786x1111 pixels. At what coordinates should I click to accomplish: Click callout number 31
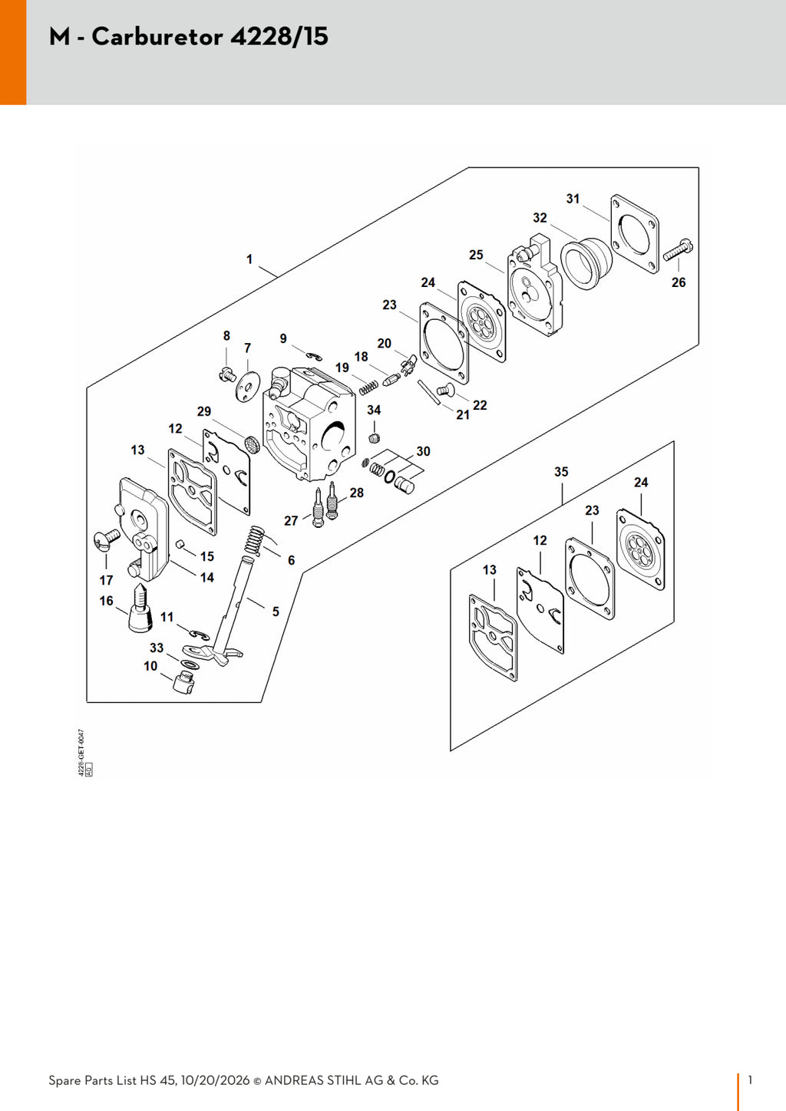[x=573, y=199]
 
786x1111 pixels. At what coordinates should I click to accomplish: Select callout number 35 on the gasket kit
[x=561, y=472]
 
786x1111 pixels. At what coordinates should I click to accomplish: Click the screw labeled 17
[x=106, y=539]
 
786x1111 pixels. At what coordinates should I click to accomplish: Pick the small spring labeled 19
[x=368, y=387]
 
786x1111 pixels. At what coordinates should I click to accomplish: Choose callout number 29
[x=204, y=411]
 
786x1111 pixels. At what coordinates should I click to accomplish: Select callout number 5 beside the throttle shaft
[x=276, y=612]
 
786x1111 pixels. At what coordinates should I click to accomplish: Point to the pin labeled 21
[x=429, y=392]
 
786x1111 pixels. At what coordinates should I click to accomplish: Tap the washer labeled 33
[x=189, y=664]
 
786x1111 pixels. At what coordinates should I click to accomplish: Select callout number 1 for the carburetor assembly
[x=249, y=259]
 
